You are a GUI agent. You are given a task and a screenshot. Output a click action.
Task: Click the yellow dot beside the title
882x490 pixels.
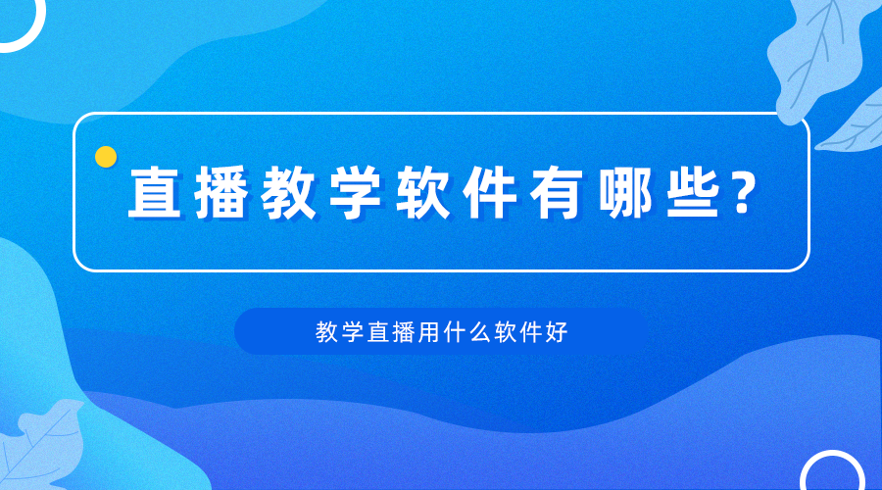106,157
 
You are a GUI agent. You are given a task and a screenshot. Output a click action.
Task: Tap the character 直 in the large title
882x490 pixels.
155,192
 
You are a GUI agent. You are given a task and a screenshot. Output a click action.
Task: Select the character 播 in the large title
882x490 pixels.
221,192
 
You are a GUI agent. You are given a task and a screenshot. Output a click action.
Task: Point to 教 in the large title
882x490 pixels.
288,192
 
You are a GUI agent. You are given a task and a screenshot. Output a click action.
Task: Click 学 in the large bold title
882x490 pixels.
356,192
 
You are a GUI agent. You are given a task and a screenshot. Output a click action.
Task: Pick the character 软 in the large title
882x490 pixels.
423,192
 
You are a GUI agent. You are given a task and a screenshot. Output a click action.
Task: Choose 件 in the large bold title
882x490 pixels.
490,192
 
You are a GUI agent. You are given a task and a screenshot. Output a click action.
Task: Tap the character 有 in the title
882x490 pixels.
557,192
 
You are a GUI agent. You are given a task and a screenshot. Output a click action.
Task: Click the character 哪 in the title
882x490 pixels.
624,192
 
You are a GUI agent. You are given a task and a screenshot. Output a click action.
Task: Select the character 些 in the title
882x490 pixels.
693,192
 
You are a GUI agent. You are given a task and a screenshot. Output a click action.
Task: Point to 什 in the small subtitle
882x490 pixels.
454,332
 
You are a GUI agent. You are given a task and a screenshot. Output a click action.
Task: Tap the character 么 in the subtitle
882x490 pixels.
479,332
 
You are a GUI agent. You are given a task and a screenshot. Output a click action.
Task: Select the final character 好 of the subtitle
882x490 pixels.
556,332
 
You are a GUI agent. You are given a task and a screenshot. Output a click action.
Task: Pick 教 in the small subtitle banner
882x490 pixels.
326,332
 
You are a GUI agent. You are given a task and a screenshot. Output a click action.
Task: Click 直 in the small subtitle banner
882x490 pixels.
377,332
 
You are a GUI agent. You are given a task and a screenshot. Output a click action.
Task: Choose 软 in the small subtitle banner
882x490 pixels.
505,332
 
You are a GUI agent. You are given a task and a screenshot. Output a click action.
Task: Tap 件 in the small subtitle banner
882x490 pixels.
530,332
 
